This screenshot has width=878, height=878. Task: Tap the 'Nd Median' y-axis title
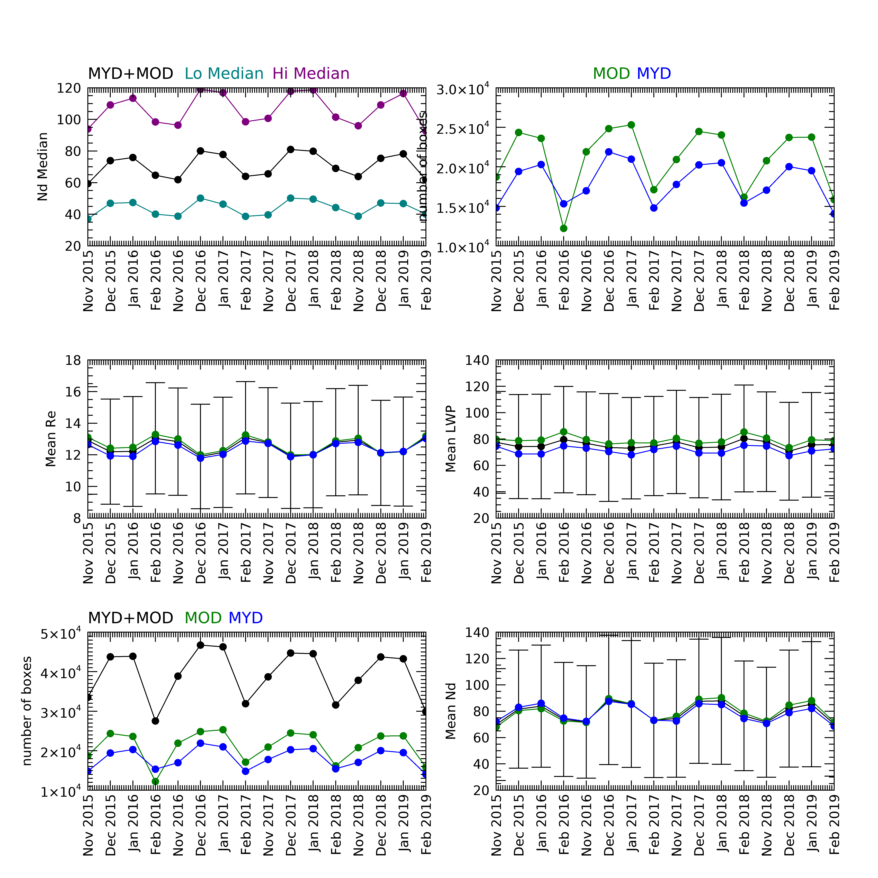point(43,167)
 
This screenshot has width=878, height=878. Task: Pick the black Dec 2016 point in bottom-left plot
point(200,645)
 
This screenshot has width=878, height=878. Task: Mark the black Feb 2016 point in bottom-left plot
point(155,721)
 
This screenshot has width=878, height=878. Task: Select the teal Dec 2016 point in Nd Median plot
point(200,198)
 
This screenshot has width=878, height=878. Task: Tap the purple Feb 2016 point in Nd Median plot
point(155,122)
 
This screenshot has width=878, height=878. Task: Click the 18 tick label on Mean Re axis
point(73,360)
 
